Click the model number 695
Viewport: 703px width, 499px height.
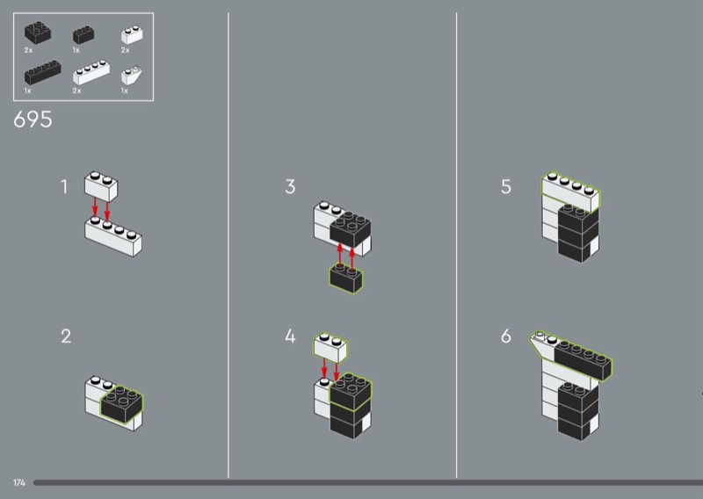[33, 119]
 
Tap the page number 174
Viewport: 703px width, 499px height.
[19, 483]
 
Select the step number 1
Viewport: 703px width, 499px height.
[64, 186]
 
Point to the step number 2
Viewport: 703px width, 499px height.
[66, 336]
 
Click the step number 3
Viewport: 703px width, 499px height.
[290, 186]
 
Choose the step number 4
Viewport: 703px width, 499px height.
[290, 336]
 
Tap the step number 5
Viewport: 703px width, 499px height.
[506, 186]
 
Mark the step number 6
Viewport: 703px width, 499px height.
[506, 336]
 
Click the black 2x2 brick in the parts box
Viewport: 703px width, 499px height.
[37, 33]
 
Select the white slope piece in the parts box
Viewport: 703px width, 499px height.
[131, 76]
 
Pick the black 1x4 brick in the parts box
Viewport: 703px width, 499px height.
[42, 72]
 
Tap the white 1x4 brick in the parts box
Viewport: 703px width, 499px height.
[91, 72]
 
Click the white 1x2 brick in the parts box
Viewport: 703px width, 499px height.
[132, 34]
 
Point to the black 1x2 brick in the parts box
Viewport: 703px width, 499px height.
[83, 34]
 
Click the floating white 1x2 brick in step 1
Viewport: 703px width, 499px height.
[101, 185]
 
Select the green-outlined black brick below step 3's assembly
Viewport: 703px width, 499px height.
[346, 278]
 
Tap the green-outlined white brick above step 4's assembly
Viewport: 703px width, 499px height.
[330, 348]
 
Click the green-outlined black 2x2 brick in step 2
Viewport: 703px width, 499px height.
[121, 403]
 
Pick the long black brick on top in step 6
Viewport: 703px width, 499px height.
[583, 360]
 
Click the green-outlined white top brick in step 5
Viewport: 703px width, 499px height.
[570, 192]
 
